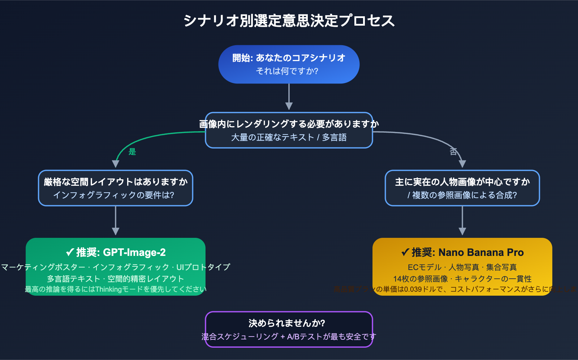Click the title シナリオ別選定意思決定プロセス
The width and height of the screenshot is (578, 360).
point(289,21)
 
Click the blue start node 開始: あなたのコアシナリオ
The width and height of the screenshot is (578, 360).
point(289,58)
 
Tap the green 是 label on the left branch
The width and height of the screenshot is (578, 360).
point(132,152)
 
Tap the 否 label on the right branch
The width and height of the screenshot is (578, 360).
point(453,152)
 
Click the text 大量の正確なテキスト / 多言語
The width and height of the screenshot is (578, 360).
point(289,137)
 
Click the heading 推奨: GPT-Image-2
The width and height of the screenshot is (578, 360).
point(121,252)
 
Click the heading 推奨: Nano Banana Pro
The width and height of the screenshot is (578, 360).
point(468,252)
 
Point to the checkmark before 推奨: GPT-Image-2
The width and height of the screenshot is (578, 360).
point(70,252)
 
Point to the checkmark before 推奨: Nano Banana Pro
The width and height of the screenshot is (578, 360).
point(405,252)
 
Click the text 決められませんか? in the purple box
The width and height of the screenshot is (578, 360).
point(287,323)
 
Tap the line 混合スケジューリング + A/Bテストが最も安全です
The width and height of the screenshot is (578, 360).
point(289,337)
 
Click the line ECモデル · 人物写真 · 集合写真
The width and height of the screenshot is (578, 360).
point(462,267)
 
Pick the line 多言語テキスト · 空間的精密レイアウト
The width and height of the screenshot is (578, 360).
point(116,279)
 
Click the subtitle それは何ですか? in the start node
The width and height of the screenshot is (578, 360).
point(287,71)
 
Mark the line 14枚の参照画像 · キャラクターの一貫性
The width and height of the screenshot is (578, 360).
point(462,279)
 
